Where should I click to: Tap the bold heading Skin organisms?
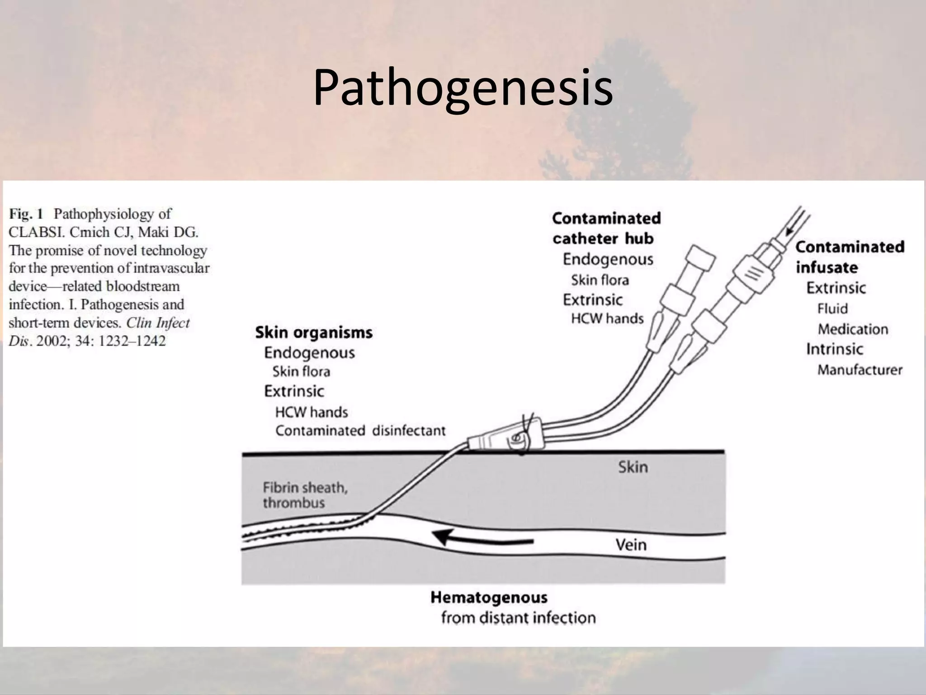coord(314,333)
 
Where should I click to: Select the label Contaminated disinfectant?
coord(360,430)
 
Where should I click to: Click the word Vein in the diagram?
coord(631,545)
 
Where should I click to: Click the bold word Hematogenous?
coord(489,598)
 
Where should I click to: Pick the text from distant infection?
coord(518,618)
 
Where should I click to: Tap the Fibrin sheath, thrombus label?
coord(305,495)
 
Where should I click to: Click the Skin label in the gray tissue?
coord(633,467)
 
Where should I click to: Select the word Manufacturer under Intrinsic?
coord(860,370)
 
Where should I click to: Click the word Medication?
coord(853,329)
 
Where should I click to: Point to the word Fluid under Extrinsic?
coord(832,309)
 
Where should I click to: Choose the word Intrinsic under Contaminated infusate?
coord(835,349)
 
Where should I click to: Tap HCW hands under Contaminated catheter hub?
coord(607,319)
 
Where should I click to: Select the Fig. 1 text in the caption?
coord(26,214)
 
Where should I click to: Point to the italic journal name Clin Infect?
coord(158,323)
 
